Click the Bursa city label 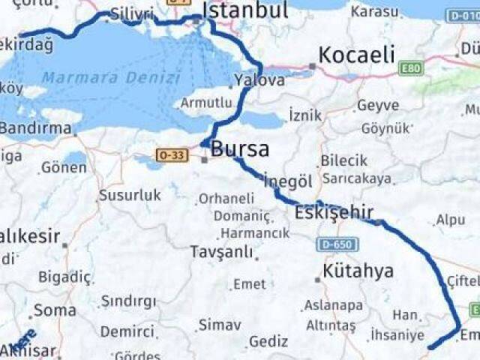pos(240,148)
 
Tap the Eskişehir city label pos(334,213)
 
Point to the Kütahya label pos(358,271)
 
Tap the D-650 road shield pos(337,244)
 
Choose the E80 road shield pos(410,69)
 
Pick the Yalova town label pos(259,80)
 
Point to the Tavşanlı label pos(221,252)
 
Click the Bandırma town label pos(34,128)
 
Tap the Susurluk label pos(129,195)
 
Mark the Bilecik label pos(344,160)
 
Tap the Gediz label pos(268,341)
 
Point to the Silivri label pos(131,13)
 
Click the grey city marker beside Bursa pos(205,159)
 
